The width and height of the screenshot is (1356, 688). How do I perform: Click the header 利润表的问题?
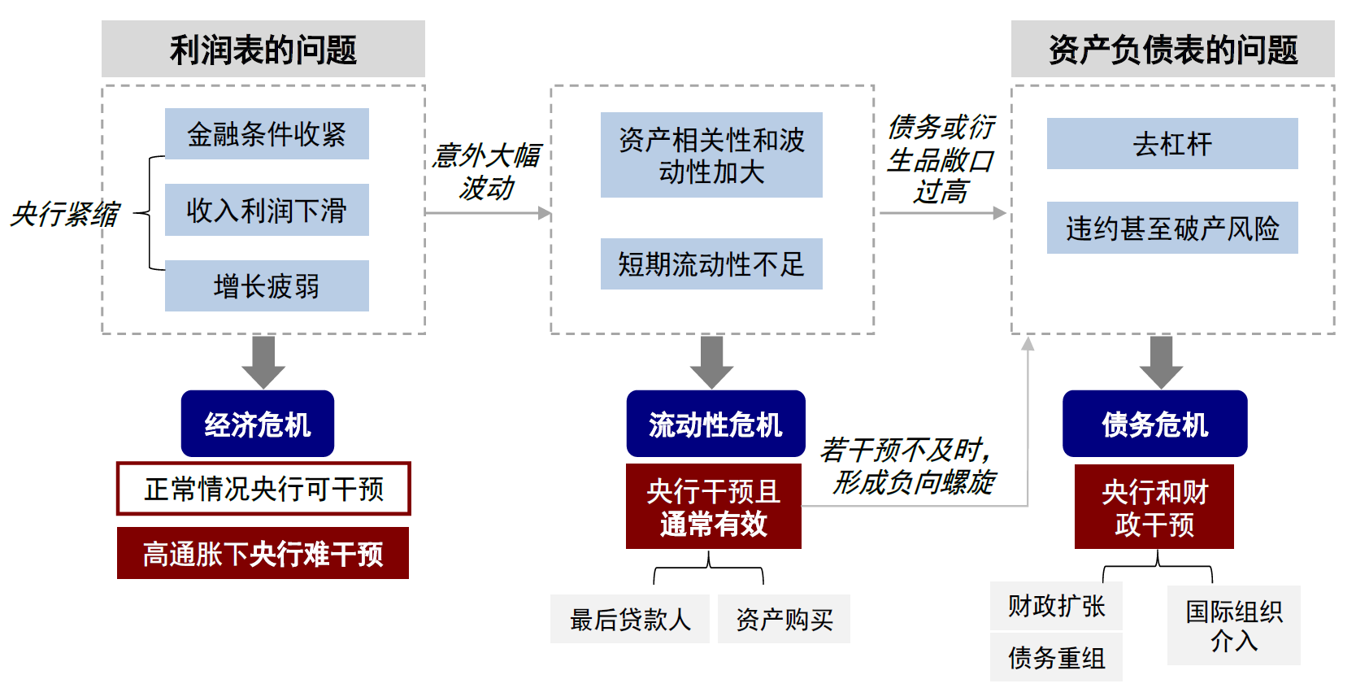(x=263, y=50)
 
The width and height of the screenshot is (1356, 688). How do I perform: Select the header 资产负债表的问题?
(x=1172, y=50)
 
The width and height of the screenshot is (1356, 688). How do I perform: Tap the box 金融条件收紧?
(x=267, y=134)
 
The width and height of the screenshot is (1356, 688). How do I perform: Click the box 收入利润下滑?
(x=267, y=210)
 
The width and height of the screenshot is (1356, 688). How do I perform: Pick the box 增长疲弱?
(x=267, y=285)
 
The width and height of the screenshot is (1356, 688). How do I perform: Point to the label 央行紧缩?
(x=65, y=214)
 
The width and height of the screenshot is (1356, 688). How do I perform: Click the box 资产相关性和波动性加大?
(x=711, y=155)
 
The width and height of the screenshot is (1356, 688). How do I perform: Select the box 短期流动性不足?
(x=711, y=264)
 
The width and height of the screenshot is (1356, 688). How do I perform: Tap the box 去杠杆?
(x=1172, y=144)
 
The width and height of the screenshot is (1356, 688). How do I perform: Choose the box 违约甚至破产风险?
(x=1172, y=229)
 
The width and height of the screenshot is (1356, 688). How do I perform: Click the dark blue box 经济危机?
(x=258, y=424)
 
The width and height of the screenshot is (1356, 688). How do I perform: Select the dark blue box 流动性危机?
(x=715, y=424)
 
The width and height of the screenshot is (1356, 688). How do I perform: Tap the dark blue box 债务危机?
(x=1154, y=424)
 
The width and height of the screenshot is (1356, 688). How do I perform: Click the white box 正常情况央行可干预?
(x=263, y=489)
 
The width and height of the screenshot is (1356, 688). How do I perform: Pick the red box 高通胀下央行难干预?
(x=263, y=553)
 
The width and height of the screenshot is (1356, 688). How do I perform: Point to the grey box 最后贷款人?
(x=630, y=619)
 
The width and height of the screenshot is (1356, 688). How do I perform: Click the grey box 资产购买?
(x=784, y=619)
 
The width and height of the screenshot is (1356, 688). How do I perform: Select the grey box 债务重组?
(x=1056, y=657)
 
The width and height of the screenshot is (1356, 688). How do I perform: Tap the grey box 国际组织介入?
(x=1233, y=625)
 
